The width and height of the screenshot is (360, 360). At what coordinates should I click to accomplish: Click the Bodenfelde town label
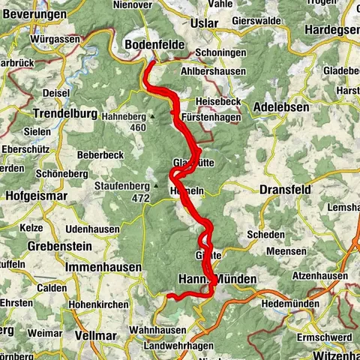(x=155, y=46)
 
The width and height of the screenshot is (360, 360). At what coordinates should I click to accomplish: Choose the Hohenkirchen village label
(x=100, y=304)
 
